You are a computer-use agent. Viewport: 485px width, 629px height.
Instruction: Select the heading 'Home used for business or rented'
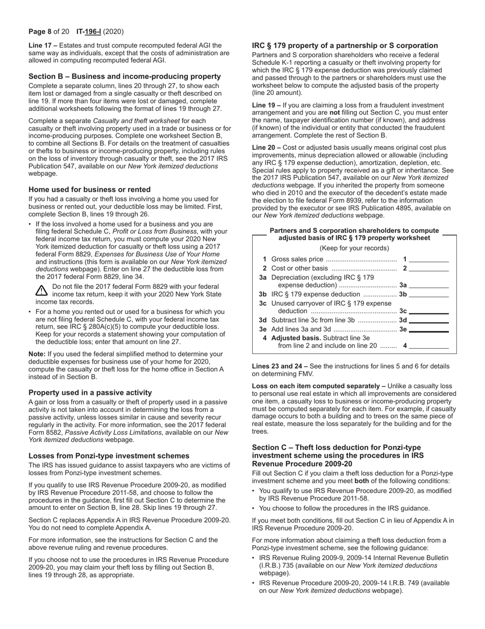click(89, 189)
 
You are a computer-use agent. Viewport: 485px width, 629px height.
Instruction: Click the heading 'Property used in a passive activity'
click(90, 393)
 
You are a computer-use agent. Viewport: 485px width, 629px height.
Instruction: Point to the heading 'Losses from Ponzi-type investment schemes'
click(109, 456)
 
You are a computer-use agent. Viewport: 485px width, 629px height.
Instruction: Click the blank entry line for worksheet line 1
click(429, 259)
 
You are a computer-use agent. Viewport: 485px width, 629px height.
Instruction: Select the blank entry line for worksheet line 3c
click(429, 311)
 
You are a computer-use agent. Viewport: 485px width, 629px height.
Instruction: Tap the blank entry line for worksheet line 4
click(429, 346)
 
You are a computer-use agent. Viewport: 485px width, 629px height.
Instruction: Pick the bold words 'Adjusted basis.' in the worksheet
click(296, 338)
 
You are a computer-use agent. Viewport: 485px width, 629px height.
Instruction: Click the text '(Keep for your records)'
click(354, 249)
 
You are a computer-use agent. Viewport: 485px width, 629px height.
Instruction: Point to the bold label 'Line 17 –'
click(43, 46)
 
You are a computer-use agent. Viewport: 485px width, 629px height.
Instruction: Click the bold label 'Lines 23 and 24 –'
click(280, 366)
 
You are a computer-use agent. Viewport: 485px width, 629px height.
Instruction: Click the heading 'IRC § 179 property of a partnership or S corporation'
click(345, 46)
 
